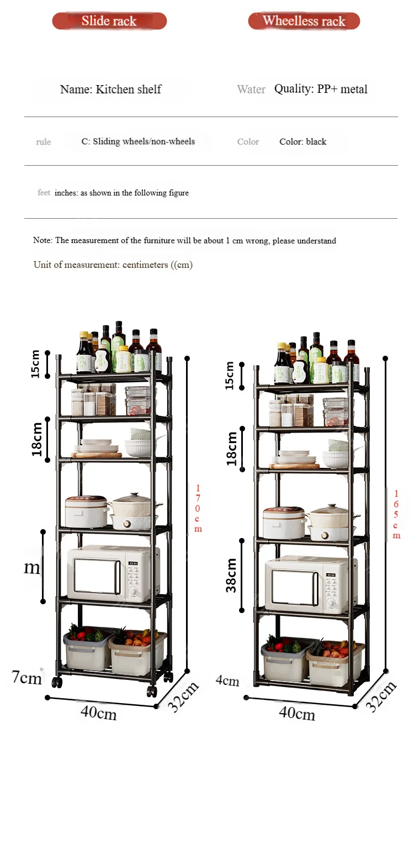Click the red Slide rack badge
click(x=109, y=21)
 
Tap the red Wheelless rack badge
click(x=304, y=21)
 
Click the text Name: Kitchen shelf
click(x=110, y=89)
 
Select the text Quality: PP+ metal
click(x=321, y=89)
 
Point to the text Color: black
click(x=302, y=142)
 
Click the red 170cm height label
click(x=198, y=508)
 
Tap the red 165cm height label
click(x=396, y=514)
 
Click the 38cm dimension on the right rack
click(x=231, y=575)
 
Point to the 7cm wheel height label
click(x=27, y=677)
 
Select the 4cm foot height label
click(x=227, y=680)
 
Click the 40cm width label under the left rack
click(x=99, y=713)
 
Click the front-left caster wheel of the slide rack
click(x=57, y=682)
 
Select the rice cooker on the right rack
click(x=284, y=523)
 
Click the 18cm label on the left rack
click(x=37, y=439)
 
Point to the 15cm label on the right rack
click(x=230, y=375)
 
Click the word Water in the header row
click(x=251, y=89)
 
